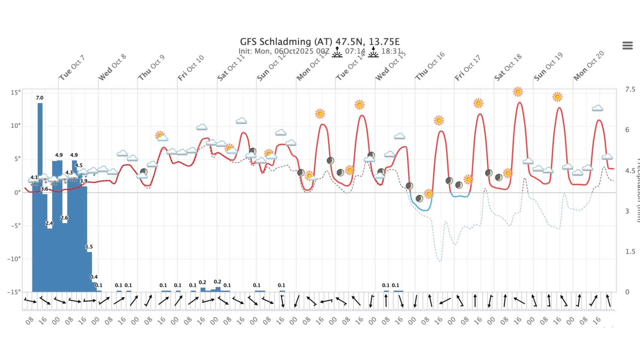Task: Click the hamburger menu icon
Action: (627, 45)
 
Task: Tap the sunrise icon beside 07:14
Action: (337, 52)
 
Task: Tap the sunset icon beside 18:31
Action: (373, 52)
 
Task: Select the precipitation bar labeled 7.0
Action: (40, 192)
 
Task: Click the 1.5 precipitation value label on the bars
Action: (89, 247)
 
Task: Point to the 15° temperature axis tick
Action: (15, 92)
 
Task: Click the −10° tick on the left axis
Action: (14, 259)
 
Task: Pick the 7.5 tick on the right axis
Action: (630, 89)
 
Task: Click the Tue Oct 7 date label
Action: (72, 68)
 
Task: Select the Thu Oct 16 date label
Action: (430, 66)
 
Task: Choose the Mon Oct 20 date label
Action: (588, 66)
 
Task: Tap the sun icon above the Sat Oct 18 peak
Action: (518, 92)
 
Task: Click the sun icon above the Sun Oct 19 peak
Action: (557, 97)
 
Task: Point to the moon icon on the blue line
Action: (419, 199)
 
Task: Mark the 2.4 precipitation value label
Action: (49, 223)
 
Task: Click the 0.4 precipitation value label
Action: (94, 277)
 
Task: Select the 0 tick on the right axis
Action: (627, 292)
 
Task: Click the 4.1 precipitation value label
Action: (34, 177)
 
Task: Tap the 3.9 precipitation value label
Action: (84, 181)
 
